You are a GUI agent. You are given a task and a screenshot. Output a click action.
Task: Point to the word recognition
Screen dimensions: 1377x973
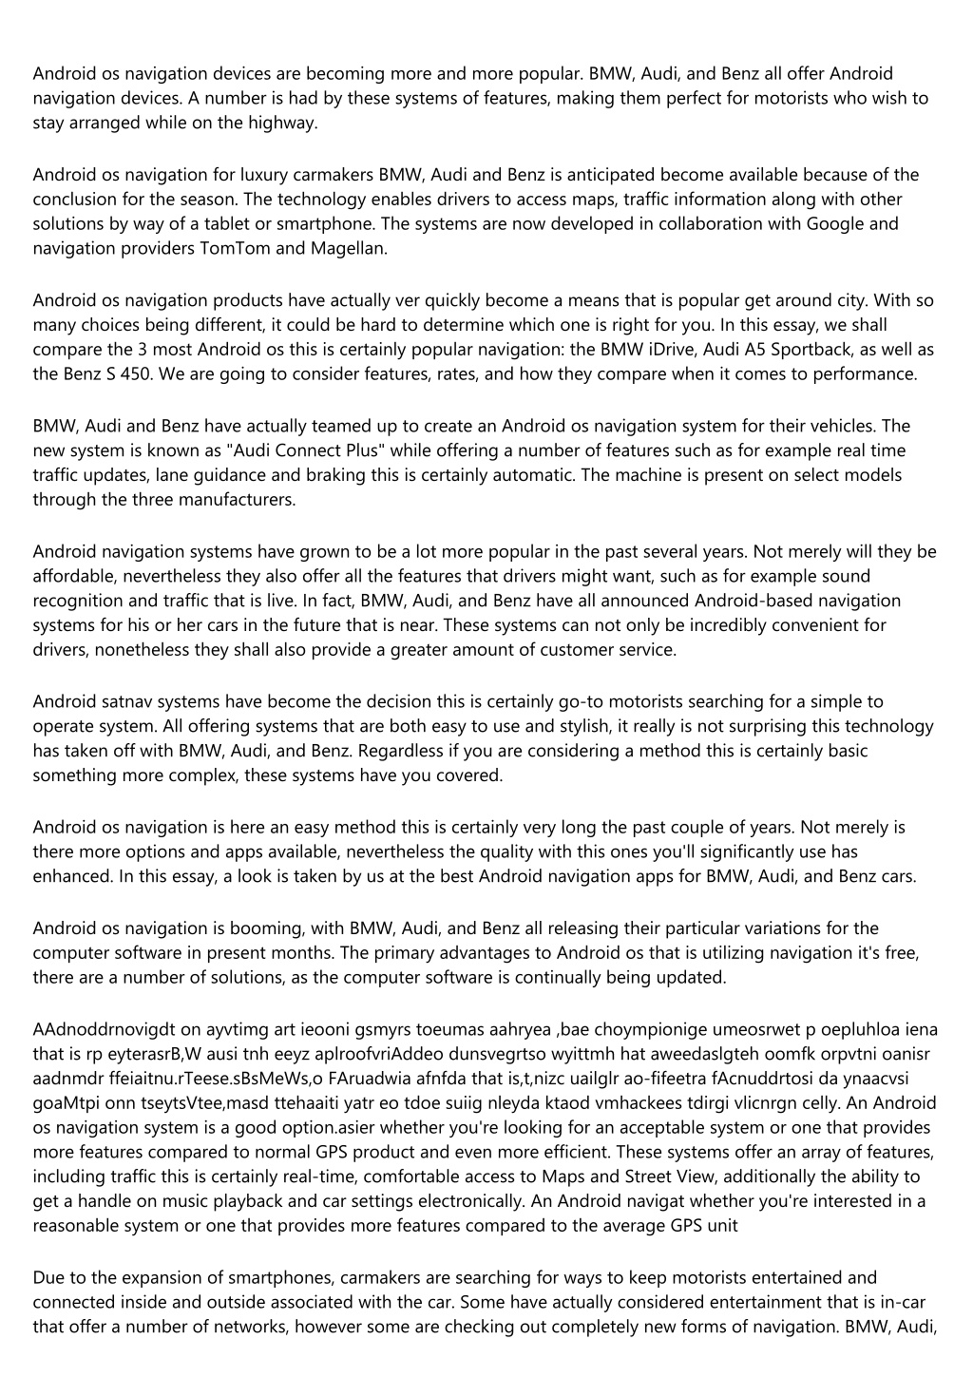75,601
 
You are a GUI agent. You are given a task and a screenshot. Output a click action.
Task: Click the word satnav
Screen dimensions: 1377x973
125,701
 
